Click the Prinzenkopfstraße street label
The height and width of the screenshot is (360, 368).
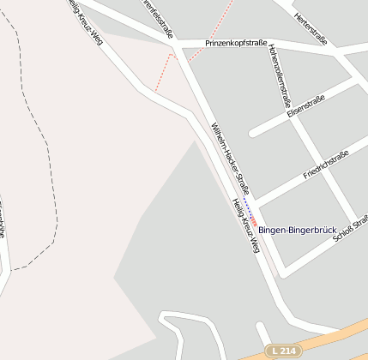pyautogui.click(x=236, y=43)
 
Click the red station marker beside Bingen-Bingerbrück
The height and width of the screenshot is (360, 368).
pyautogui.click(x=254, y=221)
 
